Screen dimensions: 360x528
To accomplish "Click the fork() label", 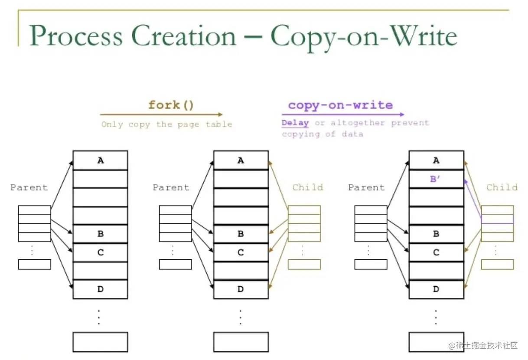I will [x=171, y=105].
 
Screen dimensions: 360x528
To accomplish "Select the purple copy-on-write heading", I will [x=340, y=105].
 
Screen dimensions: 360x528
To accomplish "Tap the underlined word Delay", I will [x=295, y=123].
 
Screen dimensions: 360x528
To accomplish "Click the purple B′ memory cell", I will [x=436, y=179].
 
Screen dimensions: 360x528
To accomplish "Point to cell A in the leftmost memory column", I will [x=100, y=160].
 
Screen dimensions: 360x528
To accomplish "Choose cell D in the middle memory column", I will [x=241, y=289].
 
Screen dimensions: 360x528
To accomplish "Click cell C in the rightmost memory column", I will [x=436, y=252].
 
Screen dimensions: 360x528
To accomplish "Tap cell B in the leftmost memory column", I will [x=100, y=234].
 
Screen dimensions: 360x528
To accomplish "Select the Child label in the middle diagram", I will [x=307, y=187].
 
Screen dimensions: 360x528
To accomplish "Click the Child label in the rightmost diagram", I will [x=502, y=187].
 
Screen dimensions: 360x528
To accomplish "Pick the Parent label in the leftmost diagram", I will [x=29, y=187].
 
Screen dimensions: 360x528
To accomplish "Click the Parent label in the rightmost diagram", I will [x=366, y=187].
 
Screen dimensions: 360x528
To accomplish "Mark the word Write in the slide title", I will [x=422, y=36].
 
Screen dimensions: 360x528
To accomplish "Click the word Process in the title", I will [x=76, y=36].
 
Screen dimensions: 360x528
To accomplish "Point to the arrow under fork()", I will [x=161, y=115].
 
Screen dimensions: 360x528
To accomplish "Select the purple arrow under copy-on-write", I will [x=343, y=115].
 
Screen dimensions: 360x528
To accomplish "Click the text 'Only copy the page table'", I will [x=167, y=124].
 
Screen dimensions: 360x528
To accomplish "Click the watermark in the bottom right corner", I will [x=483, y=346].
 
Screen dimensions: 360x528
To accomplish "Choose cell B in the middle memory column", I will [x=241, y=234].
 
